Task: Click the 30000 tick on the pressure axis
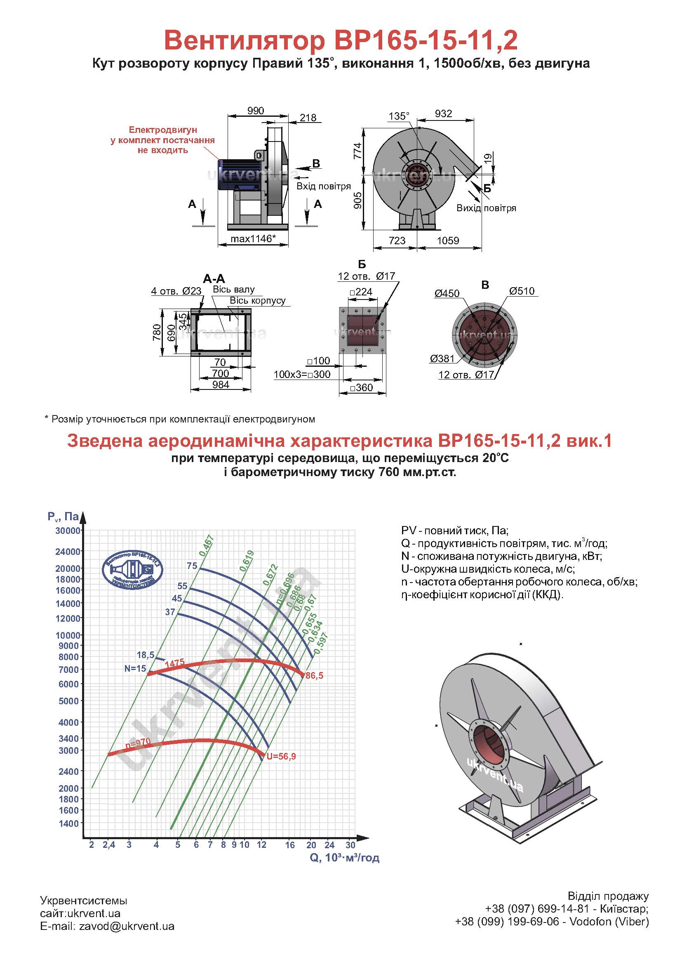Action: point(68,531)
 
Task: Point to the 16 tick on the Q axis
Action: point(290,845)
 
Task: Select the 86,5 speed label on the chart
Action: point(314,676)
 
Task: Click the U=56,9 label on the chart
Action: point(281,757)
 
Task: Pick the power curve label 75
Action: point(192,566)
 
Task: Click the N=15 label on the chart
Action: point(135,668)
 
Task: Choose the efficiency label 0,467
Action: point(207,545)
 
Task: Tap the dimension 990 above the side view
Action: point(255,111)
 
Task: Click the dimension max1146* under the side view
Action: point(253,239)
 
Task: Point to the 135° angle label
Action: point(399,116)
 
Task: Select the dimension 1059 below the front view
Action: point(448,241)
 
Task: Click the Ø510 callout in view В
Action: point(522,291)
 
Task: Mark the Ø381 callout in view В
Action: point(442,359)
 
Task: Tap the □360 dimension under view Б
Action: point(361,387)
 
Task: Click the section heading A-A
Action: point(214,278)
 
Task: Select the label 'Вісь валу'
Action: point(233,289)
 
